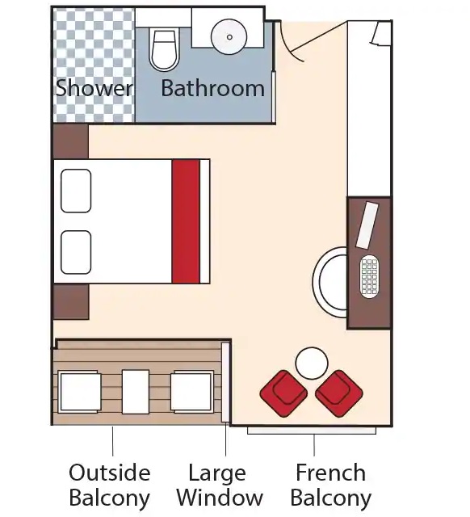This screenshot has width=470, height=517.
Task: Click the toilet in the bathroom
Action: click(x=164, y=48)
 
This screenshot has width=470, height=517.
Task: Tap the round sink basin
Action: click(x=229, y=36)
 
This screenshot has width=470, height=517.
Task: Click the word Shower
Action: click(x=94, y=88)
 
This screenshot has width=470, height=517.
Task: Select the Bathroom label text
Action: click(x=213, y=88)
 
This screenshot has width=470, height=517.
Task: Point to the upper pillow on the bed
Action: click(x=76, y=191)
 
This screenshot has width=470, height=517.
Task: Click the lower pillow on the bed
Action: click(x=76, y=252)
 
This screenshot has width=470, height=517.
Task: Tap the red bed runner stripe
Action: click(x=186, y=221)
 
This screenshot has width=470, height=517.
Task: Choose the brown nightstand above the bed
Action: click(x=71, y=141)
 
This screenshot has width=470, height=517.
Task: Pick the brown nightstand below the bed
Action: click(x=71, y=301)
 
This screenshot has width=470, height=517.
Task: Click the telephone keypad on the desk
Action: click(x=369, y=276)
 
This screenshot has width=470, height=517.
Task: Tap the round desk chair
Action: click(x=330, y=282)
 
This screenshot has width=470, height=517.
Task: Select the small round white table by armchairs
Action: click(x=312, y=364)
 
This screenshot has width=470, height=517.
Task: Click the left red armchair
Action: click(x=283, y=393)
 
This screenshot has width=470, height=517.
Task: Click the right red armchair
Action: click(x=339, y=393)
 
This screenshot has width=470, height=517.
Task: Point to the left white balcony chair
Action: click(x=79, y=392)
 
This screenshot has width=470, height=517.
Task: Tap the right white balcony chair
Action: click(x=192, y=392)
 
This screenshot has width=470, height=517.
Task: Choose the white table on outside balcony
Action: click(x=136, y=392)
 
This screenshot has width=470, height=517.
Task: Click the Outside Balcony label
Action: click(x=110, y=485)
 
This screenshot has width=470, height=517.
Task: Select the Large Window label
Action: click(x=220, y=485)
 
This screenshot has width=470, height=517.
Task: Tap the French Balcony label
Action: click(x=331, y=485)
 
